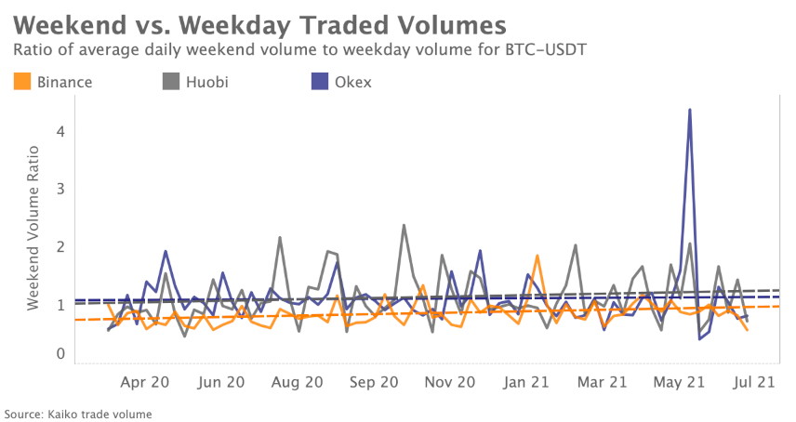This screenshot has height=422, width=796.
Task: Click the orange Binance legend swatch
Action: coord(23,82)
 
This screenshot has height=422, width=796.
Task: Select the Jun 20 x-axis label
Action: coord(223,381)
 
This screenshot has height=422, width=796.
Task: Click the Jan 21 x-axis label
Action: coord(527,381)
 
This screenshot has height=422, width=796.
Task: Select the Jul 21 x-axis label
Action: coord(754,381)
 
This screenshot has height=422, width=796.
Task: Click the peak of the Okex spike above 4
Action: coord(689,110)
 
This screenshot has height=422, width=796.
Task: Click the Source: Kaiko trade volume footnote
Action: coord(78,414)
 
